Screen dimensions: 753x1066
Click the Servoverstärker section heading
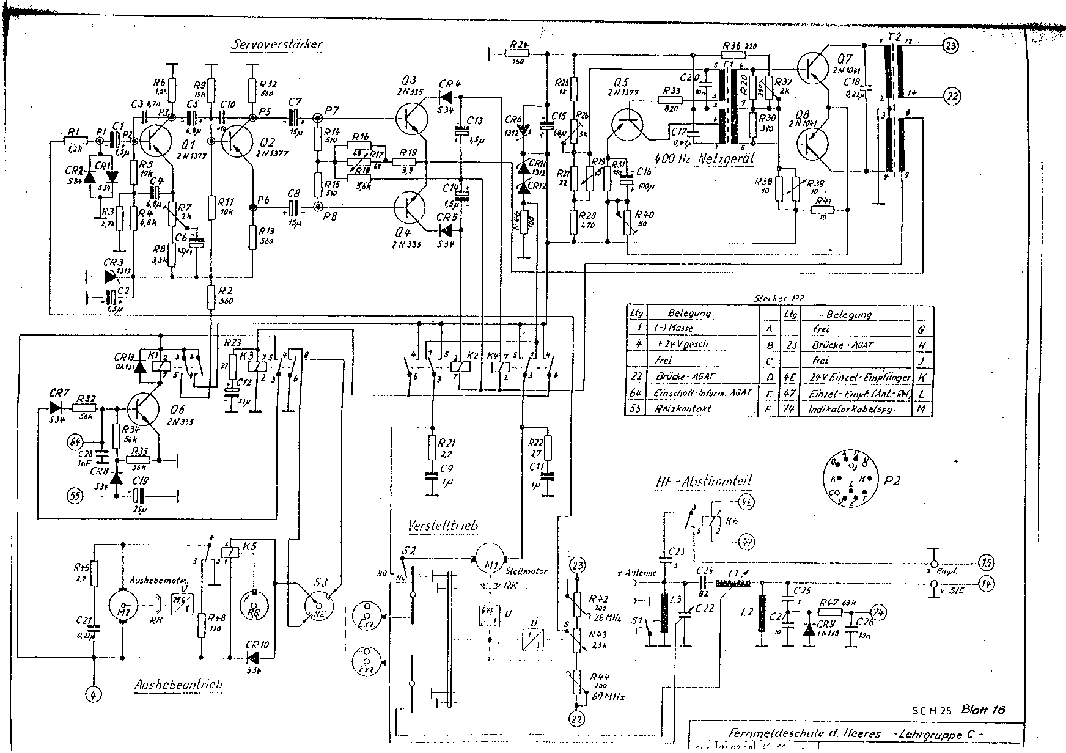(x=277, y=45)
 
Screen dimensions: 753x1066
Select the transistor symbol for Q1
(x=154, y=140)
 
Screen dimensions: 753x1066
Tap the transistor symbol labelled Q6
(x=144, y=409)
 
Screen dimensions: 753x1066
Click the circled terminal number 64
(x=76, y=441)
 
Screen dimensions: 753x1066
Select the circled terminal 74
(x=878, y=612)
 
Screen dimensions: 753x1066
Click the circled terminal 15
(x=985, y=562)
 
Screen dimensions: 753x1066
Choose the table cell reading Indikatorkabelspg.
(x=851, y=408)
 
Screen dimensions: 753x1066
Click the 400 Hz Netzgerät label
(x=705, y=158)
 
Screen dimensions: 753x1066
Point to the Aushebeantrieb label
(x=178, y=685)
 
